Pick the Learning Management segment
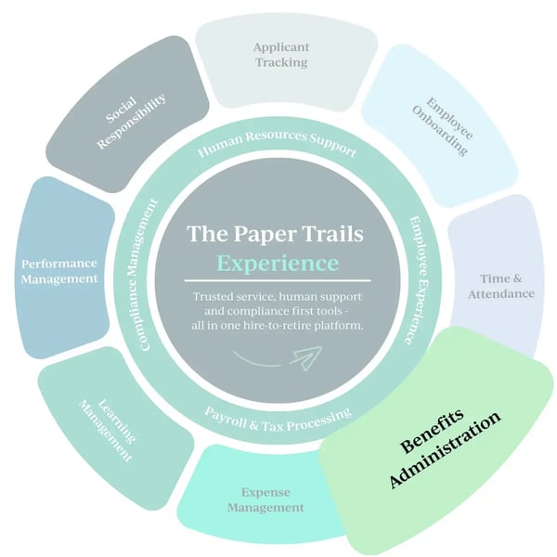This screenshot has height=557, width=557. (x=101, y=417)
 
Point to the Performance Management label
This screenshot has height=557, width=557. (x=59, y=270)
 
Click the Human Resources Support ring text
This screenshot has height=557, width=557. (x=278, y=146)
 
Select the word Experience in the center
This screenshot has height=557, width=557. (x=278, y=263)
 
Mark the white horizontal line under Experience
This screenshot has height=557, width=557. (x=278, y=280)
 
